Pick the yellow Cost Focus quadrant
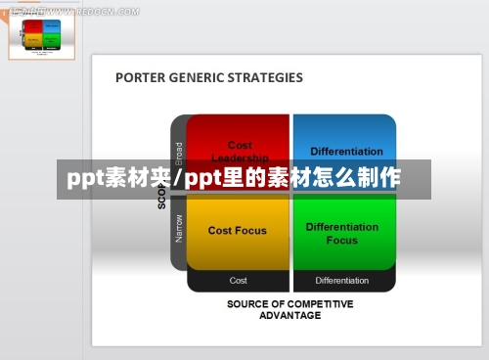[238, 232]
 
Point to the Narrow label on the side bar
[179, 229]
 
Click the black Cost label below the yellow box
[238, 281]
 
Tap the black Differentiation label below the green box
[342, 281]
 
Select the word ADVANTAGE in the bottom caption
[290, 315]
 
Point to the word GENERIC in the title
[199, 77]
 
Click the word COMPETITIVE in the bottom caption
[319, 304]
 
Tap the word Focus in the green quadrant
[341, 240]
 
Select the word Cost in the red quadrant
[240, 146]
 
